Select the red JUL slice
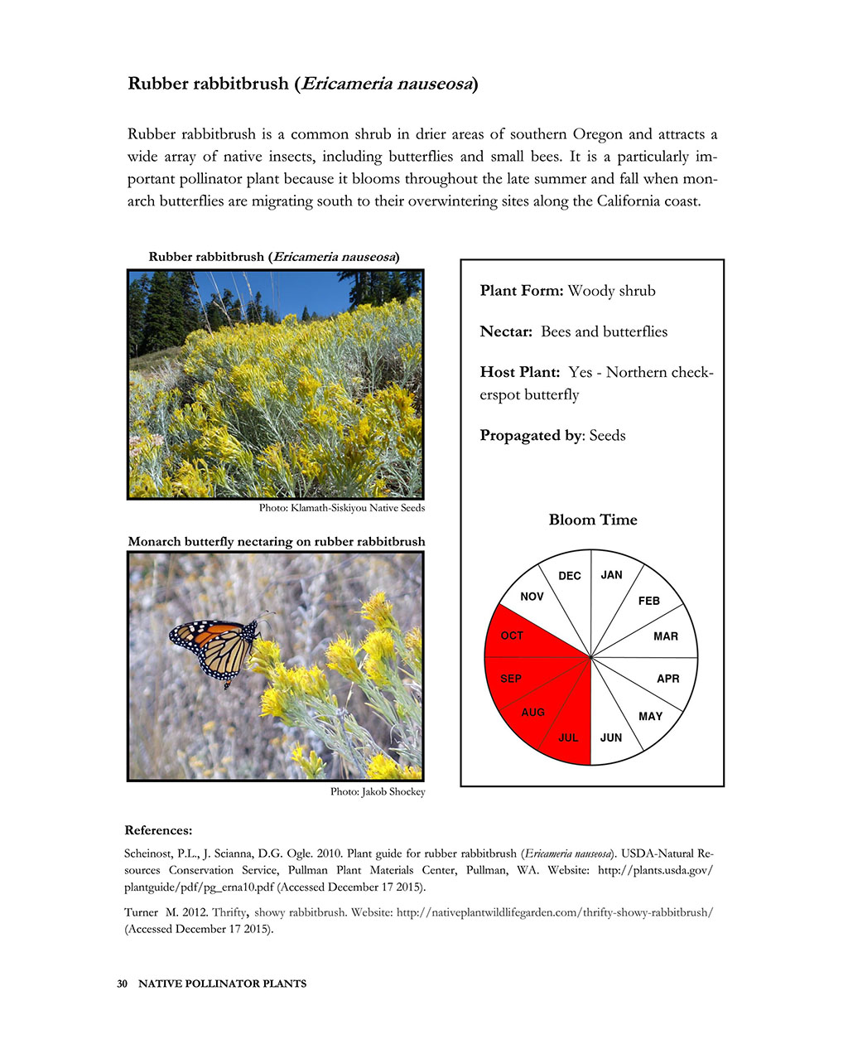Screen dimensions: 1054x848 (x=571, y=729)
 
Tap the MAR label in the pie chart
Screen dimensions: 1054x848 (x=665, y=636)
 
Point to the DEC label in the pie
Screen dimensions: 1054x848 (x=570, y=576)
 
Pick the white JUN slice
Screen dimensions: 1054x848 (x=613, y=729)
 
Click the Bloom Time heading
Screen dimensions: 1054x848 (x=593, y=520)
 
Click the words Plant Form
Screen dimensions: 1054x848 (x=521, y=291)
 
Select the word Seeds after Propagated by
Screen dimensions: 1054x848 (x=607, y=436)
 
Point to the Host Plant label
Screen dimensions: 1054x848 (x=519, y=372)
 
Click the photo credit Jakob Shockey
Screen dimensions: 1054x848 (x=378, y=792)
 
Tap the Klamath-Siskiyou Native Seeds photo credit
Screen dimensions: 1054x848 (x=342, y=508)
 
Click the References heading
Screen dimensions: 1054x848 (x=158, y=830)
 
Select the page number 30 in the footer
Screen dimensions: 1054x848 (x=122, y=984)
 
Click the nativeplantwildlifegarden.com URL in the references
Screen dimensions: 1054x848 (x=555, y=912)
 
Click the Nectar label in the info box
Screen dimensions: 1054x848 (x=505, y=331)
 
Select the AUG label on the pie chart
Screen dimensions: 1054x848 (x=533, y=712)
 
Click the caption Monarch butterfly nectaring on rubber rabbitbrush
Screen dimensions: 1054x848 (x=276, y=542)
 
